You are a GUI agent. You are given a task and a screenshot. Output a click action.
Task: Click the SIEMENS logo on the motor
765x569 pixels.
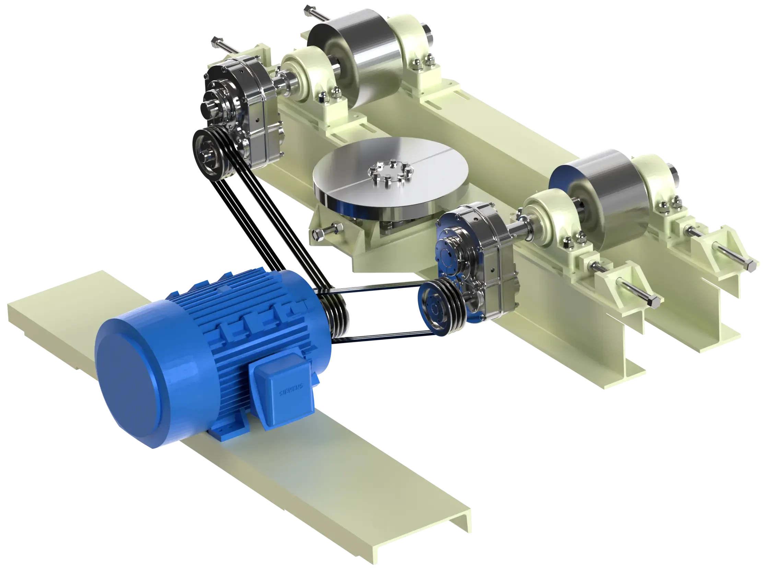[x=291, y=389]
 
